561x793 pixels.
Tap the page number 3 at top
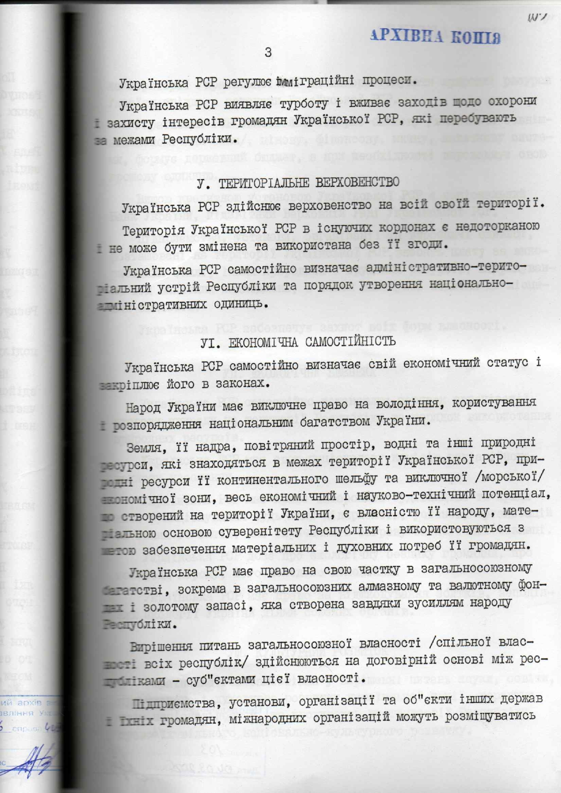coord(268,52)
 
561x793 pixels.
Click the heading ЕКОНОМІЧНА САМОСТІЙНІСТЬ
coord(312,342)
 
